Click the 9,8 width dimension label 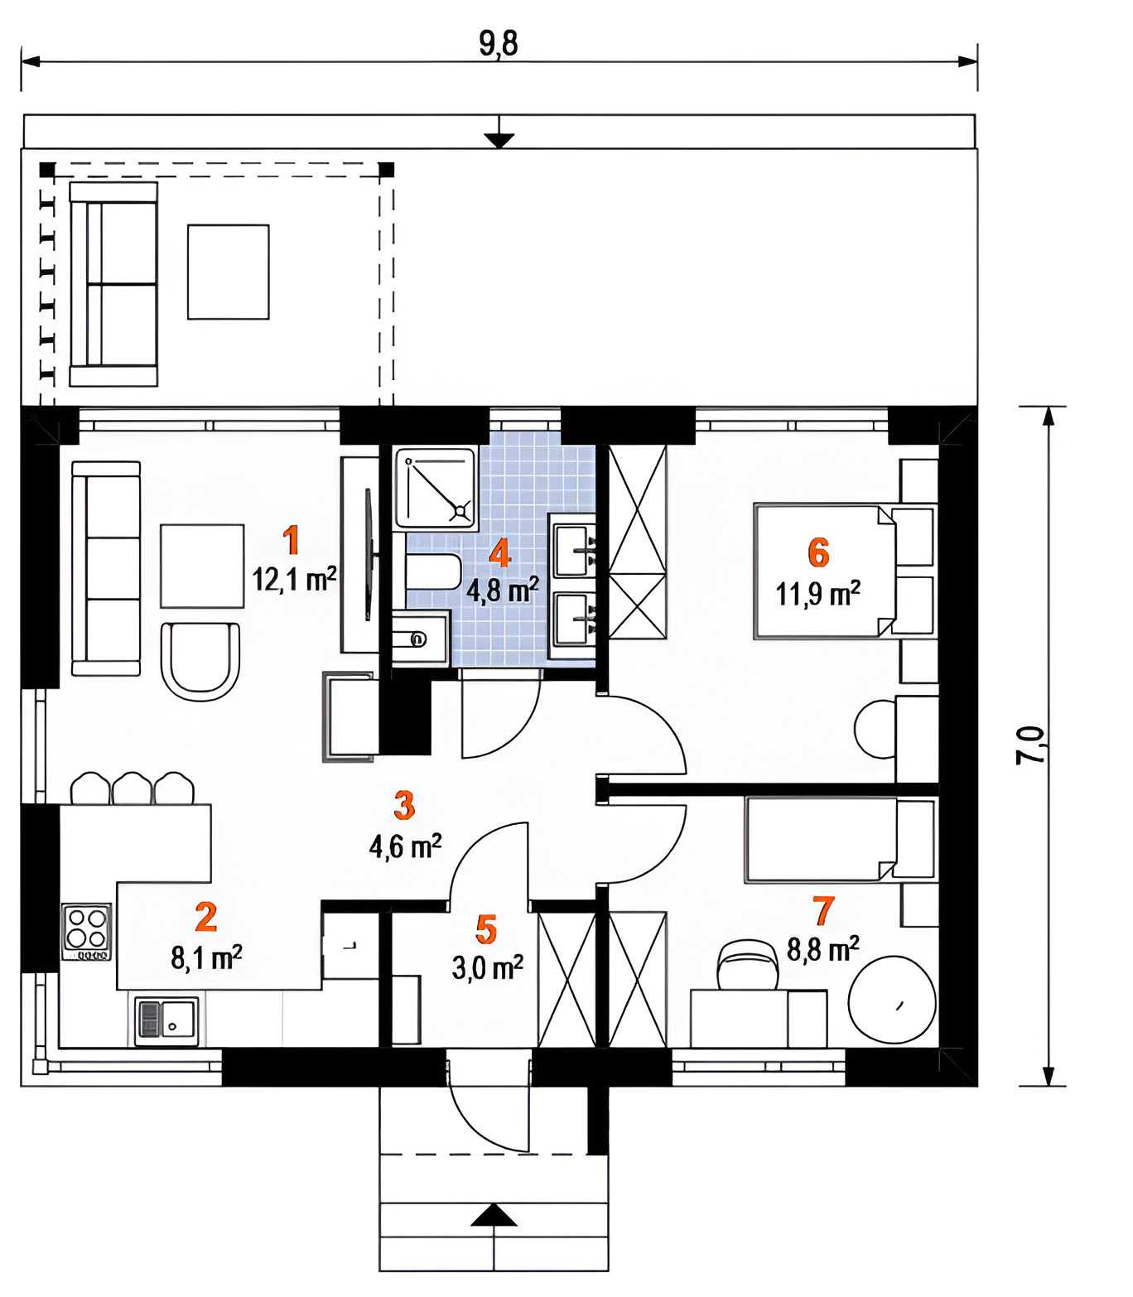(x=498, y=43)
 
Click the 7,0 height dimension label (x=1029, y=745)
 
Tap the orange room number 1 (x=291, y=540)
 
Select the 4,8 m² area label (x=503, y=591)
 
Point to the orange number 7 (x=823, y=911)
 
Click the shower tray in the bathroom (x=435, y=488)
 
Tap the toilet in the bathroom (x=433, y=571)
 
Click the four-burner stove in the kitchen (x=87, y=931)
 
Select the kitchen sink (x=166, y=1020)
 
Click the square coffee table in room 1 (x=202, y=566)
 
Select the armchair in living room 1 (x=200, y=661)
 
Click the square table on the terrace (x=228, y=272)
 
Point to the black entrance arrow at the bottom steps (x=494, y=1215)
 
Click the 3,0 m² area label (x=488, y=968)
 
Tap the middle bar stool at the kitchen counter (x=132, y=788)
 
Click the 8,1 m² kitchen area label (x=206, y=957)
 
